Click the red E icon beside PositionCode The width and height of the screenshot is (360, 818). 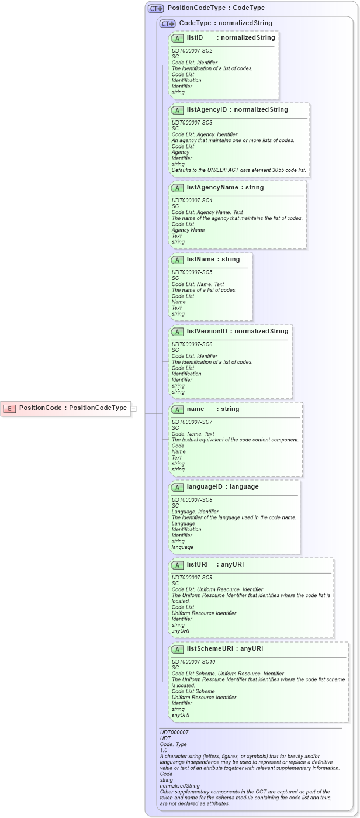(x=9, y=408)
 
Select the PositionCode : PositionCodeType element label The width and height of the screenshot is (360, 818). (x=72, y=408)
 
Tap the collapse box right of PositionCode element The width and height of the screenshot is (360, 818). (x=133, y=408)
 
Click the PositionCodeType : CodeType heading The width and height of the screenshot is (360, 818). (x=216, y=8)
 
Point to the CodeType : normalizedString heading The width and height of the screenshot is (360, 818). (x=226, y=23)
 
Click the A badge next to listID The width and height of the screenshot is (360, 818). (x=178, y=38)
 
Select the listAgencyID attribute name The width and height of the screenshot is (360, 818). (x=207, y=109)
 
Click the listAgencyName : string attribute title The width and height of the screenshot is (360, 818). (x=225, y=188)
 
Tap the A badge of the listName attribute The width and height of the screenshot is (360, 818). (x=178, y=260)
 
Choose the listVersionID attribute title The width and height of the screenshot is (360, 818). (x=237, y=332)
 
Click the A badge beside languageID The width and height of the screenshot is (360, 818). (x=178, y=486)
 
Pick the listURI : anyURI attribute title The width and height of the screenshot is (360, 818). (x=215, y=565)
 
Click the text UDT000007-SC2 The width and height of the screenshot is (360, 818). (x=191, y=51)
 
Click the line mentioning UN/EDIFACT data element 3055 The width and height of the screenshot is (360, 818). (x=238, y=170)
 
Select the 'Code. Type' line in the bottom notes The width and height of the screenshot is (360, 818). (x=173, y=744)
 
